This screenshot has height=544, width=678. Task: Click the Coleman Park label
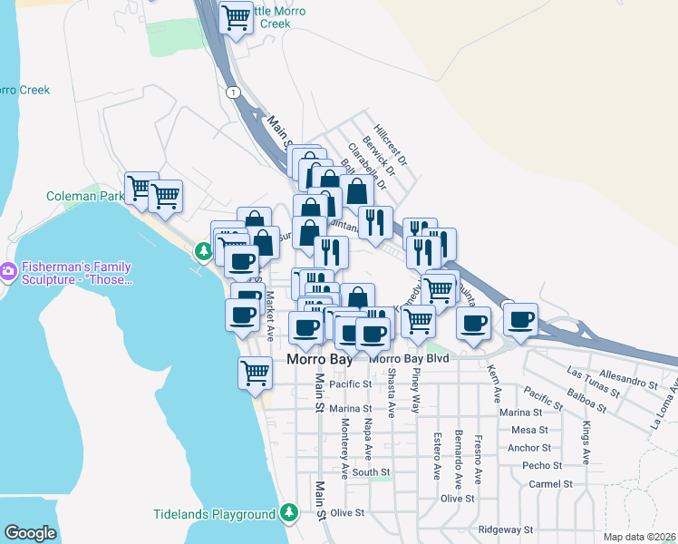coord(85,196)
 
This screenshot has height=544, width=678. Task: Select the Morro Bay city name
coord(319,359)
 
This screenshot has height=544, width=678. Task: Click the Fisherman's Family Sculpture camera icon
coord(8,270)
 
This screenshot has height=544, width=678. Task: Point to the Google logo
coord(30,532)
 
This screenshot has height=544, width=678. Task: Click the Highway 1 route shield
coord(234,92)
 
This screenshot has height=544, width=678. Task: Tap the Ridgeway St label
coord(506,529)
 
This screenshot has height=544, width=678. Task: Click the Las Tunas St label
coord(592,383)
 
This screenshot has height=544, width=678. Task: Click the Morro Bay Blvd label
coord(411,359)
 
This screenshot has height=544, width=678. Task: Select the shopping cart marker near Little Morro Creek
coord(237,17)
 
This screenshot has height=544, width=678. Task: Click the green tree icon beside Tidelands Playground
coord(289,513)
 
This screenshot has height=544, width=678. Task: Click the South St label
coord(371,472)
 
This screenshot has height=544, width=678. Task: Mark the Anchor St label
coord(529,448)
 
